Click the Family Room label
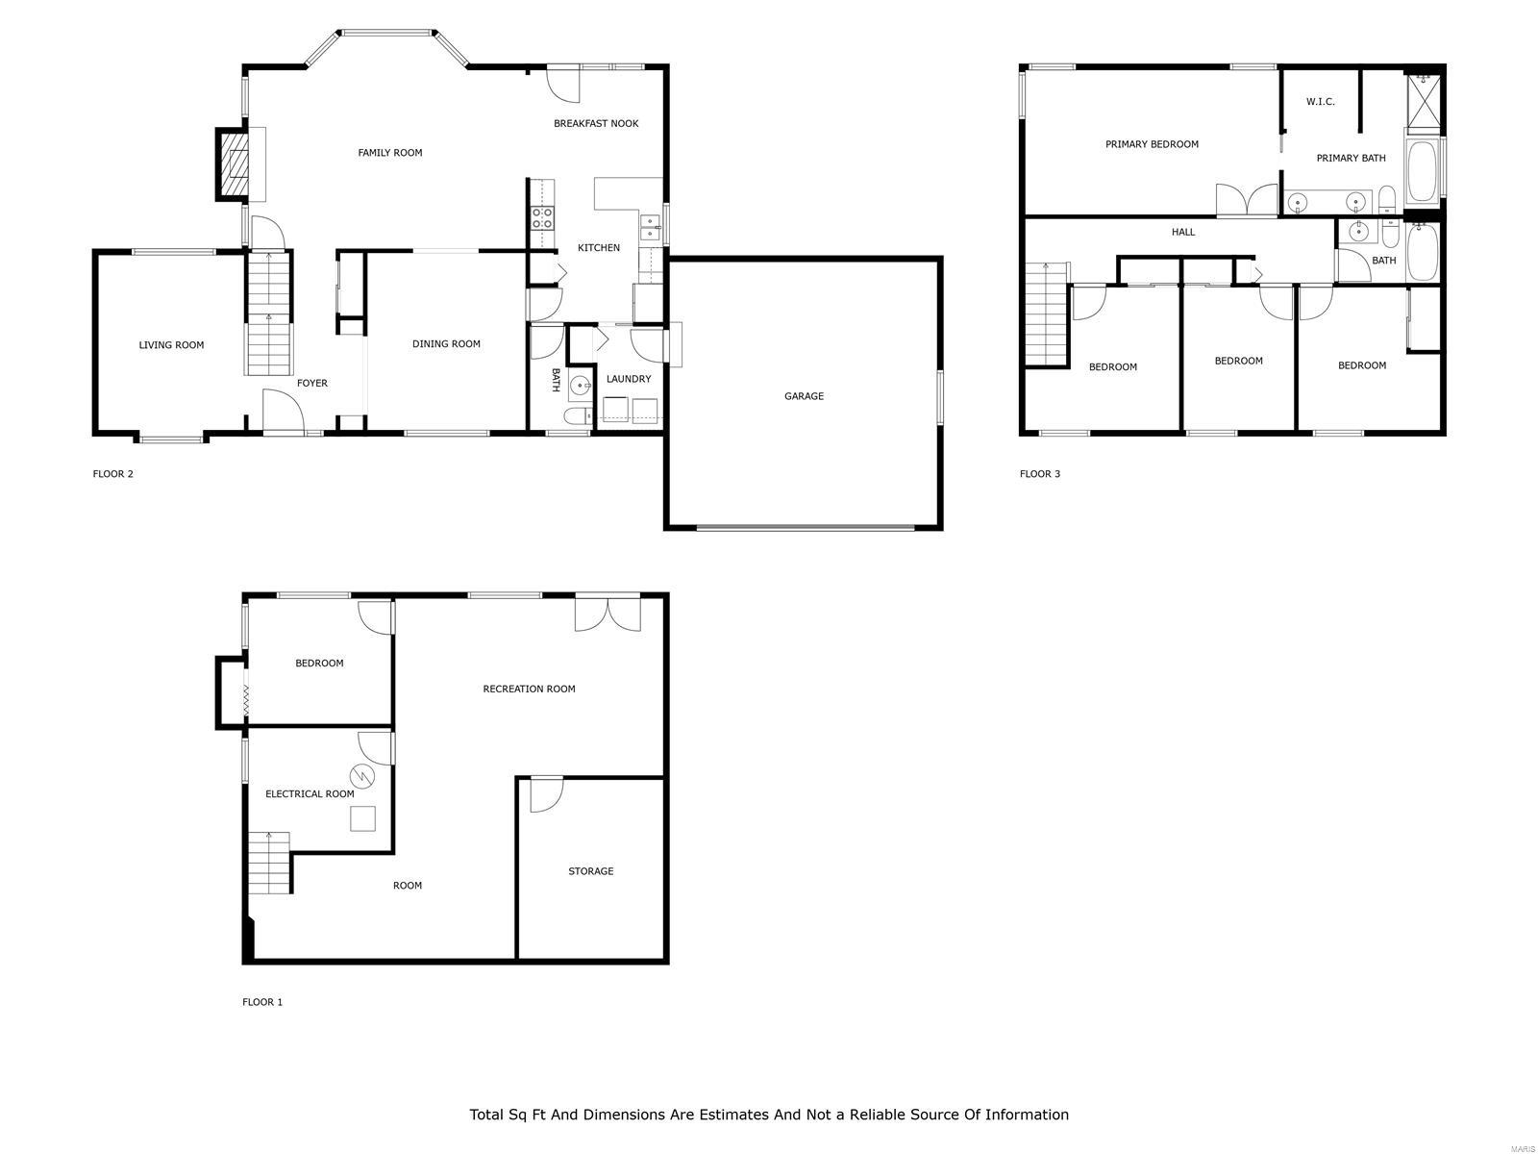click(x=389, y=153)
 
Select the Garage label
click(x=804, y=396)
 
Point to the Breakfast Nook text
click(x=596, y=123)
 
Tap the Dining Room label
click(x=446, y=344)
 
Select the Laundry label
click(x=629, y=379)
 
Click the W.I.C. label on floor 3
click(x=1320, y=102)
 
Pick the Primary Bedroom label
click(x=1152, y=144)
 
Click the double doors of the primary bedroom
click(x=1246, y=200)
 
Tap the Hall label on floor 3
click(x=1183, y=232)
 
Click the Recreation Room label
click(x=529, y=689)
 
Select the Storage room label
click(x=590, y=871)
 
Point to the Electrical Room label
click(x=310, y=794)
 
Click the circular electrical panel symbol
click(x=360, y=775)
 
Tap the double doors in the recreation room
click(x=608, y=614)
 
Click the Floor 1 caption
click(x=262, y=1002)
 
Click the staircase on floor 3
click(x=1047, y=314)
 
